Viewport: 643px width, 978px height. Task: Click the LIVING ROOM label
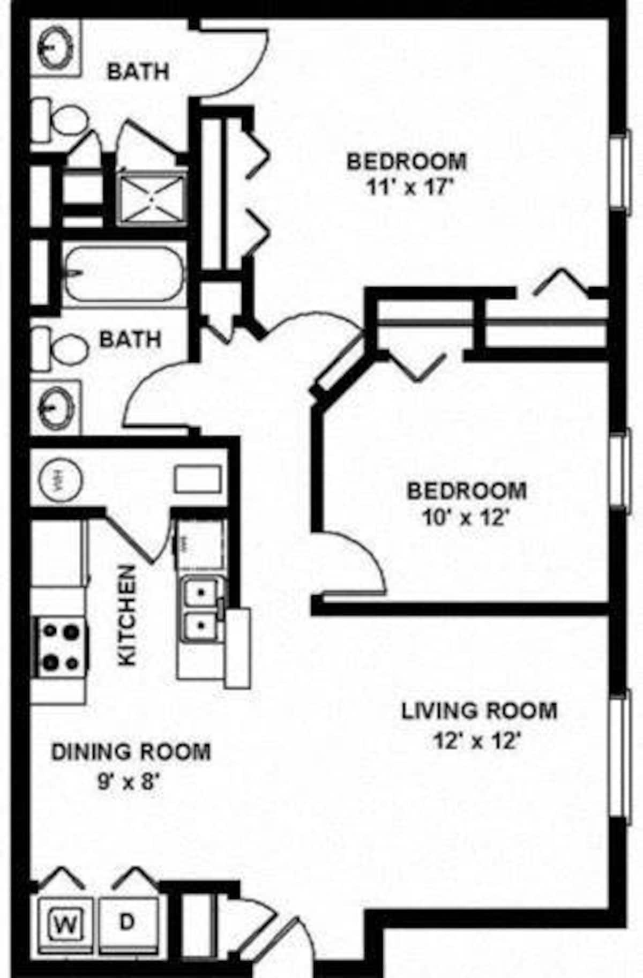point(479,711)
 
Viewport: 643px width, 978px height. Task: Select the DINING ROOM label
point(131,751)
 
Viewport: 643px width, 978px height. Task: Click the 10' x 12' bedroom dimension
point(465,518)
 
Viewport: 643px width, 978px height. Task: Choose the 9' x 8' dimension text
point(129,783)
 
